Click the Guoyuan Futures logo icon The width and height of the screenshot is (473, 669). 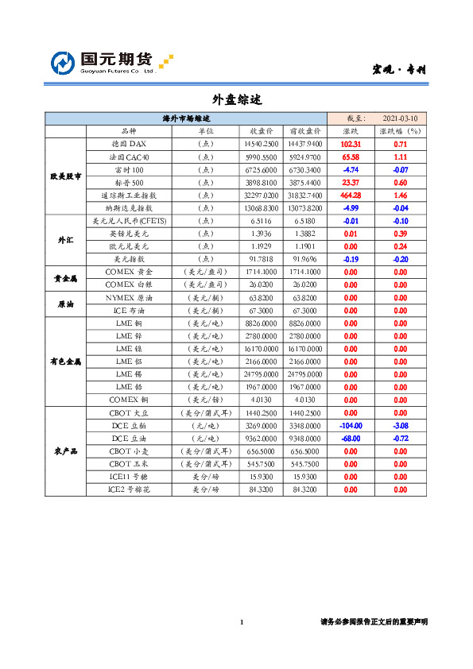click(x=64, y=63)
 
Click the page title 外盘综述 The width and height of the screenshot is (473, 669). click(x=236, y=100)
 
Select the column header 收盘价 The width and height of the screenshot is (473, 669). click(x=262, y=131)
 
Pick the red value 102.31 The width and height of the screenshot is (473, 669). click(x=351, y=144)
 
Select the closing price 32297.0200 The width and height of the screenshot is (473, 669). click(x=261, y=195)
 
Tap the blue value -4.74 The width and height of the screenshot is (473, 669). click(x=351, y=169)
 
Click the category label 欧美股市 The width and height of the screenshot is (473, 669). click(x=65, y=176)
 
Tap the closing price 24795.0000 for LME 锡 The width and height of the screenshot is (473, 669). click(x=261, y=373)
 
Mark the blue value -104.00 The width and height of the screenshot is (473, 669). click(x=351, y=425)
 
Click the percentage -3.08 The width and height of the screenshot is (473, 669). click(x=400, y=425)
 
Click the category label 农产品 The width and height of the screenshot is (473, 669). click(x=65, y=451)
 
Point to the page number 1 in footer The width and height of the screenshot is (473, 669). click(x=242, y=622)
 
